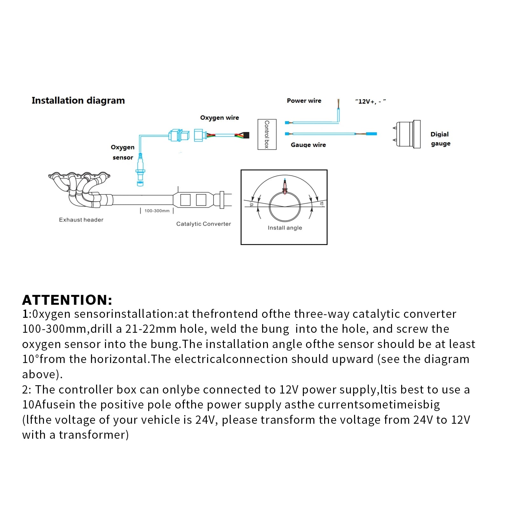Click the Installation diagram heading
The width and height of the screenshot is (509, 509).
coord(78,101)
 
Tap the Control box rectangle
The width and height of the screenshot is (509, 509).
coord(267,134)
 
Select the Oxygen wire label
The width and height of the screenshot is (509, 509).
coord(220,118)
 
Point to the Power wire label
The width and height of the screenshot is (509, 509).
coord(304,101)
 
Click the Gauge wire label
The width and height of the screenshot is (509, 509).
coord(308,145)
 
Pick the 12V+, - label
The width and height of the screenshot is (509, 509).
coord(371,101)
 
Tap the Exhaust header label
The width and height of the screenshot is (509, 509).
coord(81,220)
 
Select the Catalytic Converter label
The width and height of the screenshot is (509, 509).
coord(204,224)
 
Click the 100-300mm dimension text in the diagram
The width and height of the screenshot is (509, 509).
coord(157,211)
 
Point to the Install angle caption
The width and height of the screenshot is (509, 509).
coord(285,228)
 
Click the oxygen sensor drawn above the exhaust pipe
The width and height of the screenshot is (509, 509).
coord(140,169)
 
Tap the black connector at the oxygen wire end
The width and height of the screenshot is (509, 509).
coord(246,135)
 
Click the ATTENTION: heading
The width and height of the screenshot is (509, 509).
coord(67,300)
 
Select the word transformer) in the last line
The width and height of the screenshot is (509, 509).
coord(94,435)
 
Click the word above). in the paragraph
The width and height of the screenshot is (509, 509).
coord(42,374)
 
